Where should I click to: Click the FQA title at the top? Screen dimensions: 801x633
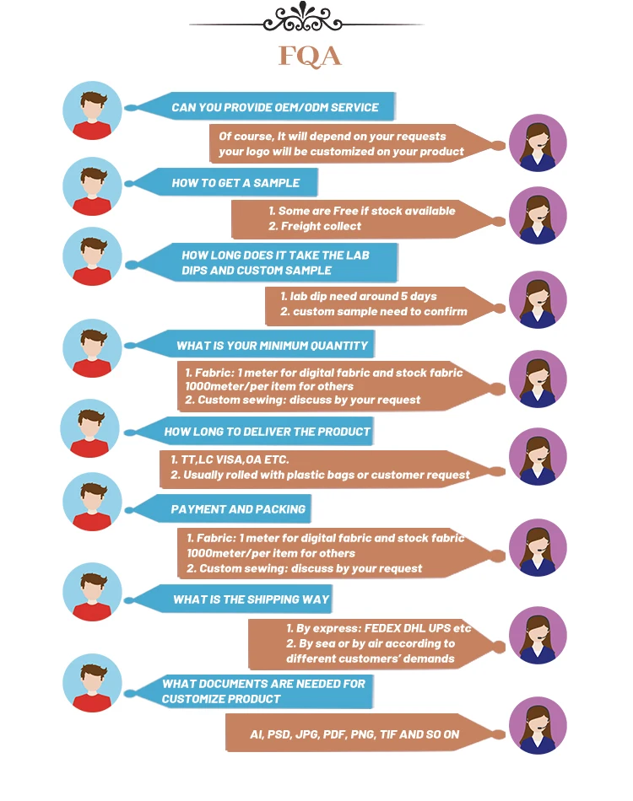[310, 56]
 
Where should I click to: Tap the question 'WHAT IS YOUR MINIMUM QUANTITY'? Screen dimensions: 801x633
[272, 346]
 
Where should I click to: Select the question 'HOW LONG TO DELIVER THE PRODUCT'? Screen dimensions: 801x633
[267, 432]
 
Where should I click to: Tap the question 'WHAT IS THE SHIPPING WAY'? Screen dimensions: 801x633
[251, 599]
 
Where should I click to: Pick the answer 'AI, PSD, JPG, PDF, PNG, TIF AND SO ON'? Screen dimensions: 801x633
[354, 734]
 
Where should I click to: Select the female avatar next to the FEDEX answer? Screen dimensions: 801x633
[538, 635]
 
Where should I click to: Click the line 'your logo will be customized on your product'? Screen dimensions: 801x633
[341, 152]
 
